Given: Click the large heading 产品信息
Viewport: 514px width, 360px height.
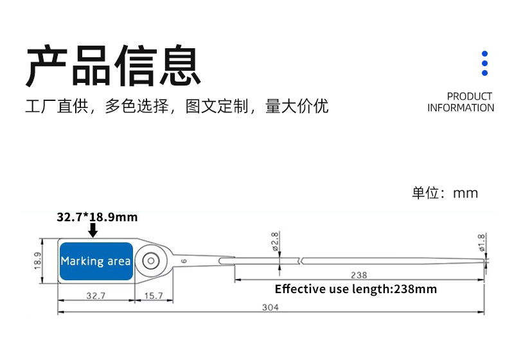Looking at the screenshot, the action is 113,66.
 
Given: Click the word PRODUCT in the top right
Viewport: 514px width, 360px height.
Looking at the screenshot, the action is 469,96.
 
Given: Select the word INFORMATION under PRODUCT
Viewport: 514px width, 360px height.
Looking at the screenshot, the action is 461,108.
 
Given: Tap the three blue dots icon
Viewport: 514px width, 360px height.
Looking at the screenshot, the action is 485,64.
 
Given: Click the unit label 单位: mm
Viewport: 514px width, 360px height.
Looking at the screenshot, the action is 445,193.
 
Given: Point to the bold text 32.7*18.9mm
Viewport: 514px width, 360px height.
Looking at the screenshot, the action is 97,217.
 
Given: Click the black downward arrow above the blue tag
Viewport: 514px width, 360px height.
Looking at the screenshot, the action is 94,230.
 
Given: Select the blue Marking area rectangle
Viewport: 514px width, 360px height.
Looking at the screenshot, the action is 95,261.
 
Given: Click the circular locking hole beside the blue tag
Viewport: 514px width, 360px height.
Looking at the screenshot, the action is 152,260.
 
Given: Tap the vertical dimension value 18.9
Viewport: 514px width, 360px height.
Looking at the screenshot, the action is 38,261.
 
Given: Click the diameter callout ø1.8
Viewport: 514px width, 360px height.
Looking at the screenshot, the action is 481,242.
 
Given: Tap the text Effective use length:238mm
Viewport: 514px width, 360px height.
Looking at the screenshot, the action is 355,289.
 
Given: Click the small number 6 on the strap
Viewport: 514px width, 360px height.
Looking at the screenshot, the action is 184,261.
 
